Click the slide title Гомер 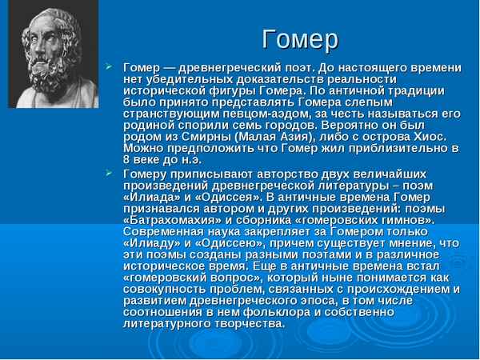(x=300, y=38)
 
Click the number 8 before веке (x=127, y=159)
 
